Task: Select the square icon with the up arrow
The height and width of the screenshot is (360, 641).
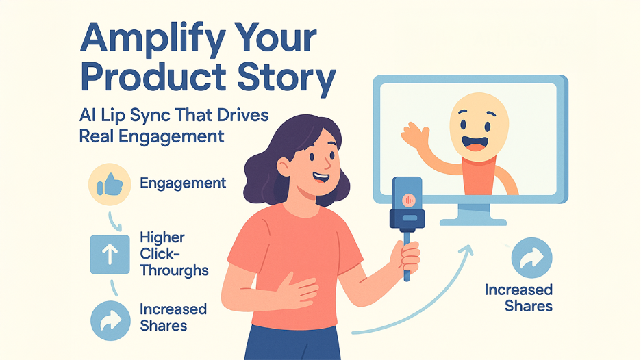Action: pos(110,254)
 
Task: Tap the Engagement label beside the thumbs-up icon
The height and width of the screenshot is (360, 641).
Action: pos(183,183)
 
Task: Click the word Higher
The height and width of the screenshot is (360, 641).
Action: pos(162,238)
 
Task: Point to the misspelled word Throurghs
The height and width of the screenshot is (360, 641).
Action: pos(174,270)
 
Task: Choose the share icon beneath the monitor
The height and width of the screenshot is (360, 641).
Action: pos(531,258)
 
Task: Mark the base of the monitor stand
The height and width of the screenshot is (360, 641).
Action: pos(473,221)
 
